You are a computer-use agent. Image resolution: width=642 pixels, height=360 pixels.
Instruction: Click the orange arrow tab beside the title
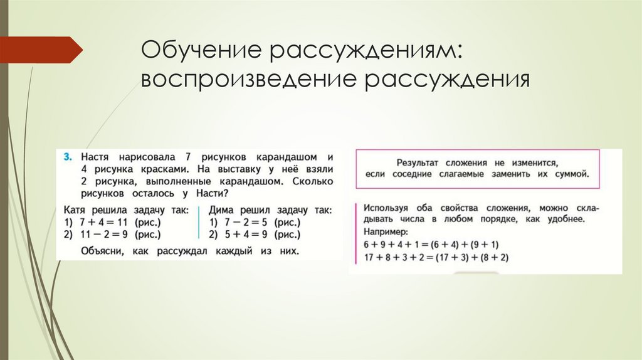pos(41,50)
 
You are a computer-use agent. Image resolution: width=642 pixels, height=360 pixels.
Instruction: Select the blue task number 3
pos(67,155)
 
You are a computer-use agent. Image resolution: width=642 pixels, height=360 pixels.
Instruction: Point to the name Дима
pos(223,210)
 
